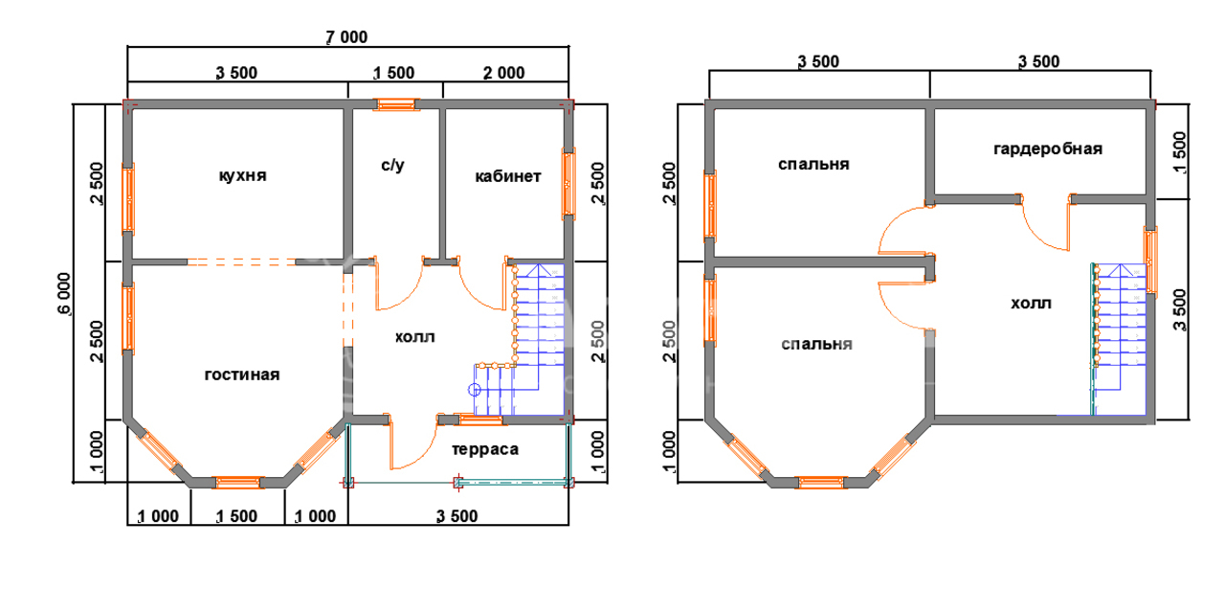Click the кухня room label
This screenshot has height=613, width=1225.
(242, 175)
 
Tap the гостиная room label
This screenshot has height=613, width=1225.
(242, 375)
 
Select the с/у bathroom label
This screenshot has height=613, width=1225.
(392, 165)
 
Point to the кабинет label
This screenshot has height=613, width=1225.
(507, 176)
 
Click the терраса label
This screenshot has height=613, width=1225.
(485, 449)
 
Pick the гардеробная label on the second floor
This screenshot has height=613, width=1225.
(1048, 148)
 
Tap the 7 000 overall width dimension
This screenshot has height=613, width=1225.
(346, 37)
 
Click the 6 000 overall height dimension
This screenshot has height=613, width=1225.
(64, 294)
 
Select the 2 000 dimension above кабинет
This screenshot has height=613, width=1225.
(503, 73)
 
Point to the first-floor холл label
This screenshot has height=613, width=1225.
(415, 337)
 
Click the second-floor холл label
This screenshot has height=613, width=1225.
(1031, 304)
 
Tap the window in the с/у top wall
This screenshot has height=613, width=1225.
(396, 104)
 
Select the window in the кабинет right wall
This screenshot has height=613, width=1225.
(568, 184)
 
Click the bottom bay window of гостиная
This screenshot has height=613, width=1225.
(238, 482)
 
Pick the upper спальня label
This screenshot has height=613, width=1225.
(813, 164)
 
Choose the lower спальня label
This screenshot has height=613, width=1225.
(816, 344)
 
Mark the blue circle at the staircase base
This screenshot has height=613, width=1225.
(475, 390)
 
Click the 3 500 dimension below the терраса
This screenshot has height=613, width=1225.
(457, 516)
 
